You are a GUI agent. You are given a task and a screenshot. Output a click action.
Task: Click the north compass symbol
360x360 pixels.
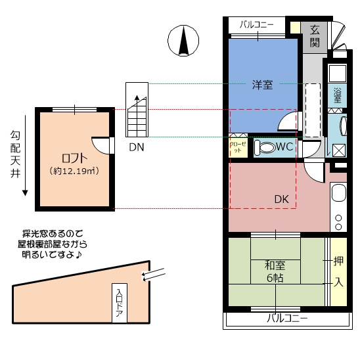[183, 41]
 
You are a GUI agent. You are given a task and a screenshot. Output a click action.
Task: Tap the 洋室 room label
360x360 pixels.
[262, 85]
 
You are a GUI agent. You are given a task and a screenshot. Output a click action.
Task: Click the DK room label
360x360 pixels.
[282, 199]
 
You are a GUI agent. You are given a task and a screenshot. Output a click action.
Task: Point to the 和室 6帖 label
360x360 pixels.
[275, 271]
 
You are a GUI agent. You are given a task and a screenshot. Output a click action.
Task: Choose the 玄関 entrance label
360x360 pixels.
[315, 36]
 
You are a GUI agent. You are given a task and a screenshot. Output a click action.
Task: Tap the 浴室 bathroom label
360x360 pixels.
[337, 95]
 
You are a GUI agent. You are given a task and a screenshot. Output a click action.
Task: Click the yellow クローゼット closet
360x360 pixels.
[238, 147]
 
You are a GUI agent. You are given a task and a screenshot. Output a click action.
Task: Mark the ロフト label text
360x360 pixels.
[74, 158]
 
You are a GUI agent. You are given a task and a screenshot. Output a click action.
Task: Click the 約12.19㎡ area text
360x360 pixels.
[74, 171]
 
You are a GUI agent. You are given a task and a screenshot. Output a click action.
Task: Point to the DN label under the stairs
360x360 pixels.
[137, 147]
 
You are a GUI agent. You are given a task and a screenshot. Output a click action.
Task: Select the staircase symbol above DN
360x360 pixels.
[137, 110]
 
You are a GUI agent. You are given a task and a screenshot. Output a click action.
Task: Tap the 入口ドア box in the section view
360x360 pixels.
[120, 303]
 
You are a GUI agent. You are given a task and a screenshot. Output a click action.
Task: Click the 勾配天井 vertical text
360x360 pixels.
[15, 154]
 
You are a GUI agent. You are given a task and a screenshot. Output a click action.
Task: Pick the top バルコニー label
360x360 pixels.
[257, 24]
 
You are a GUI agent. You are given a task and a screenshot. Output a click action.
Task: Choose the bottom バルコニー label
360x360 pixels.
[287, 319]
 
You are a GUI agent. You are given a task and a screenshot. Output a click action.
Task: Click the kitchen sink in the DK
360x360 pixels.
[338, 192]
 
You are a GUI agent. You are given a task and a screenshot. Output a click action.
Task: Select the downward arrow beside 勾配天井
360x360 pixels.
[25, 156]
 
